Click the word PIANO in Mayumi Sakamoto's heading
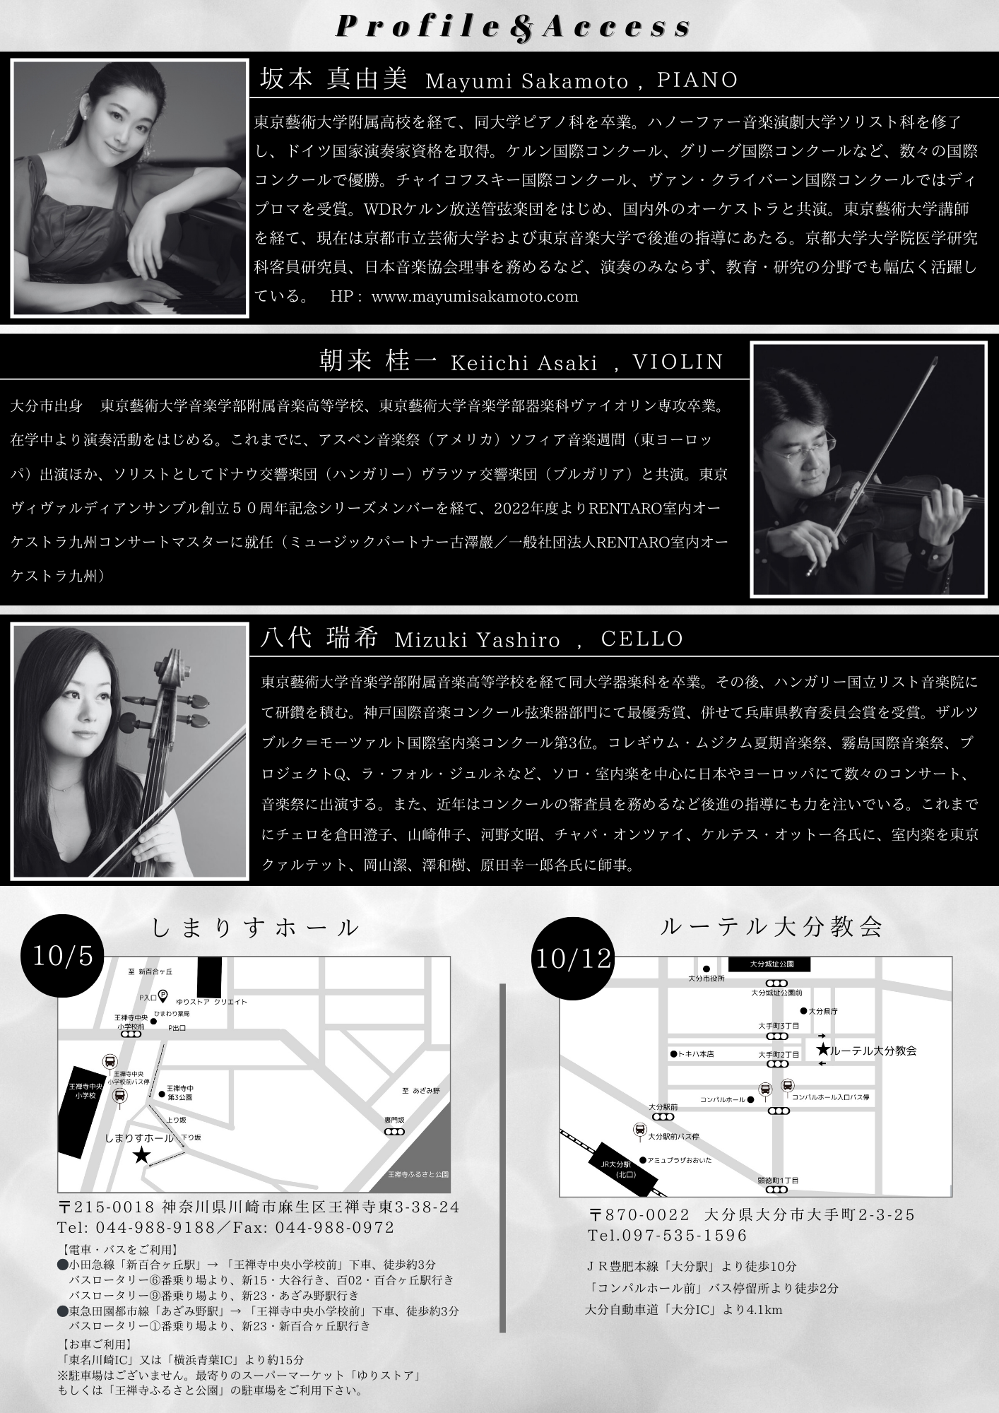(x=697, y=80)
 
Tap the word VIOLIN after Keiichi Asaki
(x=678, y=362)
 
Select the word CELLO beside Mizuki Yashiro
(x=642, y=639)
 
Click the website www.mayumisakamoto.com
(x=474, y=297)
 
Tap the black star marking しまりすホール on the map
(x=142, y=1155)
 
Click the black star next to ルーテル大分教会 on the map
(x=822, y=1050)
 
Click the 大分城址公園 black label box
(x=770, y=964)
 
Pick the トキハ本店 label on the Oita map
(x=695, y=1054)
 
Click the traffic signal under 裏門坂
(x=394, y=1132)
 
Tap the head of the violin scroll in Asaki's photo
(x=933, y=363)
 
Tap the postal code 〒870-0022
(x=640, y=1215)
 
